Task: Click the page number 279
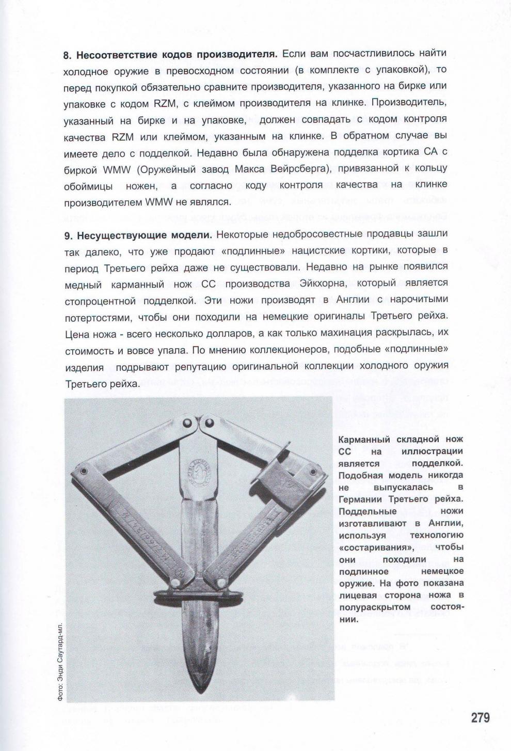click(480, 717)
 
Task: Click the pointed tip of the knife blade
click(200, 692)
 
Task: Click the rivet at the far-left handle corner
click(82, 472)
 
